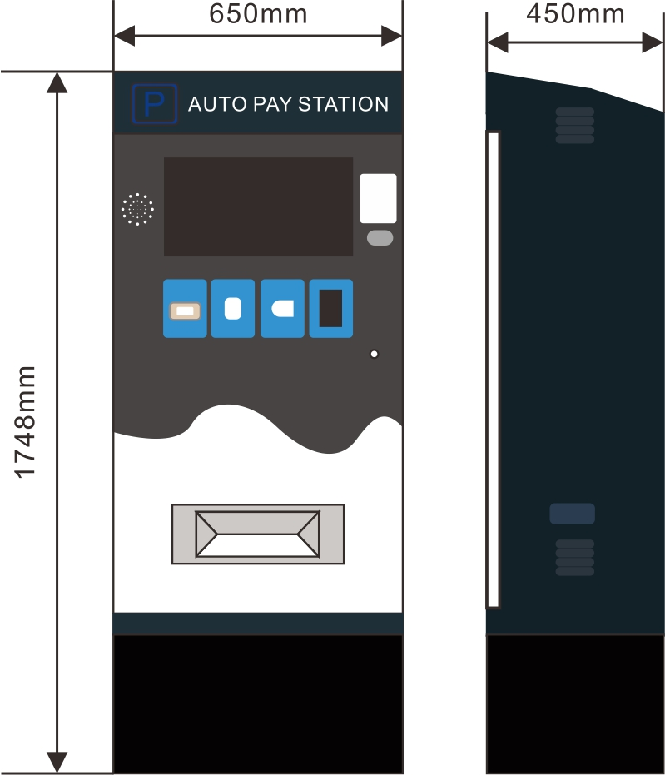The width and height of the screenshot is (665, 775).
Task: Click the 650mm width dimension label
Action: [258, 14]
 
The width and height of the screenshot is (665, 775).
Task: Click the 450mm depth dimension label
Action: [575, 13]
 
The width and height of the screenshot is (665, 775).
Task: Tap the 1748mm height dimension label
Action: [27, 422]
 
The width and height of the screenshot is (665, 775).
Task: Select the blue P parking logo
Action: [155, 104]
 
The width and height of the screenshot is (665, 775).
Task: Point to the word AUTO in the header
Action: [216, 104]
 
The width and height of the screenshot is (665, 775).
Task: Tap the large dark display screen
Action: [258, 206]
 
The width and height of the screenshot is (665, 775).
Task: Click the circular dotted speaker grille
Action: [137, 209]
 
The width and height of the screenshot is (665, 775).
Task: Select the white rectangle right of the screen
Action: [378, 198]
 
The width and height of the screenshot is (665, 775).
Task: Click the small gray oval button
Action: [380, 238]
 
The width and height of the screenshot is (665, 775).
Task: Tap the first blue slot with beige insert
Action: [185, 309]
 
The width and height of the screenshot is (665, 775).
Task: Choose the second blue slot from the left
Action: [233, 309]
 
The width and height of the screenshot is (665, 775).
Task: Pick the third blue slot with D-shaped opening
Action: [282, 309]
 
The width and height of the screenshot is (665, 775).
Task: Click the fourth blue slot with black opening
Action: [331, 309]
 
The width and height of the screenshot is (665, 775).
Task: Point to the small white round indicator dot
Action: [374, 354]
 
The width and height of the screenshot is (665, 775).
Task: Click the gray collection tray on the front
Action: [258, 534]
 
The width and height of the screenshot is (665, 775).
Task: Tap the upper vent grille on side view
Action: [575, 125]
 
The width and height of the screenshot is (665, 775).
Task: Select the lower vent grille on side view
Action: [575, 557]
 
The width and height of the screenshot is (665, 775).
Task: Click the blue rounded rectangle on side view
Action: [573, 514]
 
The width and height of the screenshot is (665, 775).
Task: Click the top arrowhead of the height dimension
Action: [57, 81]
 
